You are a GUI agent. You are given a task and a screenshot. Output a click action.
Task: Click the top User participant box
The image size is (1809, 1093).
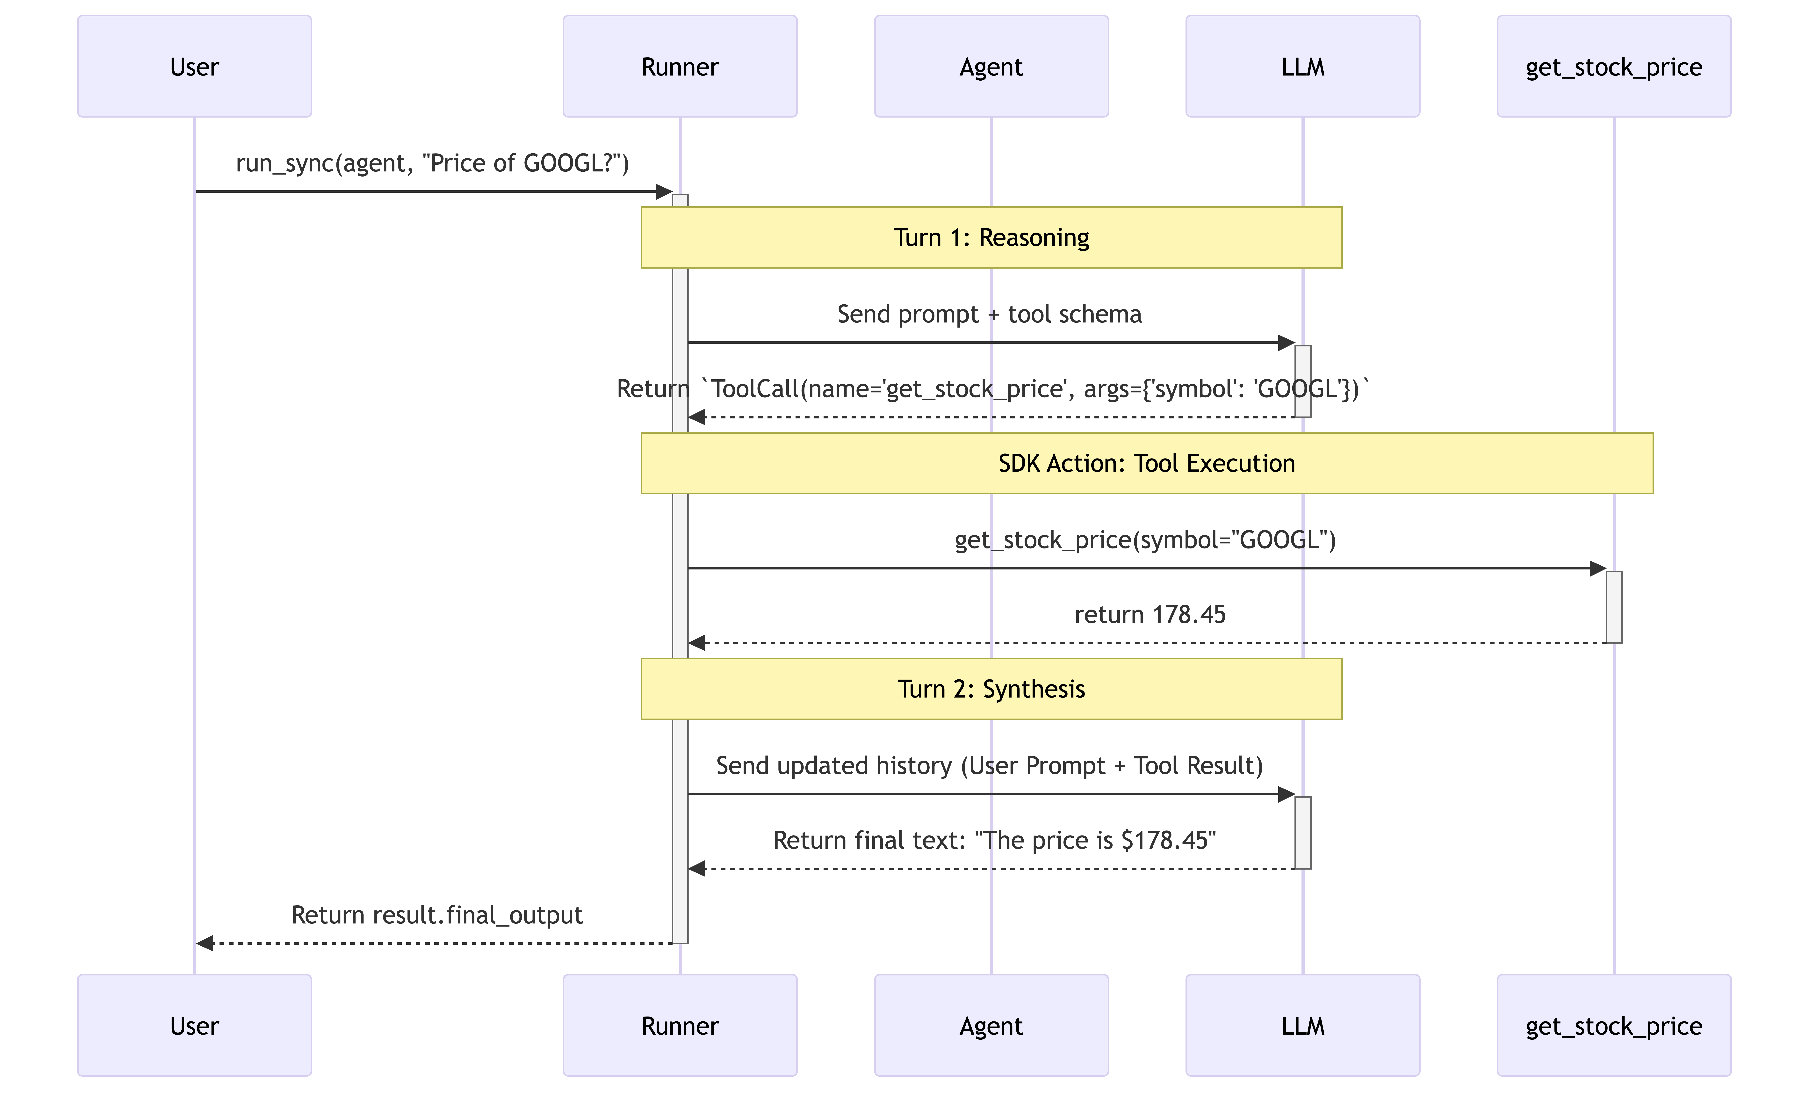click(x=195, y=66)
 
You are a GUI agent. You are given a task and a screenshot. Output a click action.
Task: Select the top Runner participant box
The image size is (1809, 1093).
click(x=680, y=66)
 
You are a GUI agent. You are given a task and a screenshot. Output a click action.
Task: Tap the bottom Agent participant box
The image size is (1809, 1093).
click(x=991, y=1025)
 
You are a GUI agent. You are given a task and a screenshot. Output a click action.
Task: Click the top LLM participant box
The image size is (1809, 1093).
click(x=1302, y=66)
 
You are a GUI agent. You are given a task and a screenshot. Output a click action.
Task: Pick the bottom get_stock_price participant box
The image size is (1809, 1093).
click(x=1614, y=1025)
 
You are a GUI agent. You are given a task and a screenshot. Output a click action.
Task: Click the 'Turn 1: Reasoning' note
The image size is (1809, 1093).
click(x=991, y=237)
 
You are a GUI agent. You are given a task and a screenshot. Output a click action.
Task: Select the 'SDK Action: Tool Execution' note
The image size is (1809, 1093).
click(x=1147, y=463)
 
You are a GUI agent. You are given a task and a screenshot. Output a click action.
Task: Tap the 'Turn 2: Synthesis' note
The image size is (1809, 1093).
click(x=991, y=689)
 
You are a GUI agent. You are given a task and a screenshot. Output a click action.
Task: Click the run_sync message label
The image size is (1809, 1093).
click(x=432, y=163)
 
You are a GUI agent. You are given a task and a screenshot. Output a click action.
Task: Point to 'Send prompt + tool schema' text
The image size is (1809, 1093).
click(x=990, y=314)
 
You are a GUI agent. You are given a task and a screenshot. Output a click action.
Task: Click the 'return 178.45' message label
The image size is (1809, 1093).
click(x=1150, y=614)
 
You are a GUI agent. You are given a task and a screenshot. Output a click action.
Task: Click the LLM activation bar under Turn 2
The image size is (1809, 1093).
click(x=1302, y=832)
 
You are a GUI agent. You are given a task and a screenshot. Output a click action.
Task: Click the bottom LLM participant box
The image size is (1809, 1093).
click(x=1302, y=1025)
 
